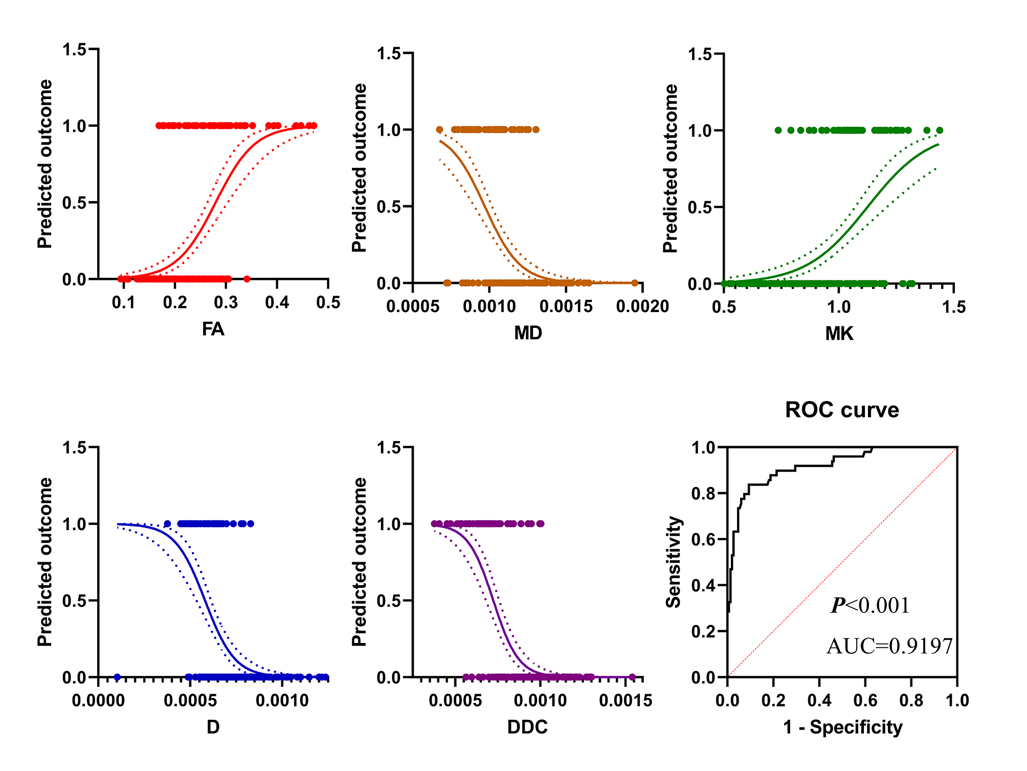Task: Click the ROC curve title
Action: point(842,410)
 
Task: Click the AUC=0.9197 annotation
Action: point(889,646)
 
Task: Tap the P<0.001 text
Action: point(870,606)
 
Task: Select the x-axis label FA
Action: point(213,329)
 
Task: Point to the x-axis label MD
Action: point(528,333)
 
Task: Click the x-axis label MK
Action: point(839,334)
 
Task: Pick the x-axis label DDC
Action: point(527,727)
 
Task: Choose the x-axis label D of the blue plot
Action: point(213,727)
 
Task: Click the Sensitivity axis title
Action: point(674,562)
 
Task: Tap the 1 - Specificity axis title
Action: point(842,727)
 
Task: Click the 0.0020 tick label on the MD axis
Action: point(642,306)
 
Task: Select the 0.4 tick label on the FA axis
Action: point(277,303)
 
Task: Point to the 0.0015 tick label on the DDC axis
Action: point(626,700)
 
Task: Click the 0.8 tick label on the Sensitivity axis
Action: point(703,494)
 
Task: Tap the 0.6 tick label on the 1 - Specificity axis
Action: point(865,700)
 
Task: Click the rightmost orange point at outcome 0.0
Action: point(635,283)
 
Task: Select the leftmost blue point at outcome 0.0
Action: point(117,677)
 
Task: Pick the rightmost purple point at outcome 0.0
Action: point(632,677)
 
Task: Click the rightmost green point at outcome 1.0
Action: point(940,130)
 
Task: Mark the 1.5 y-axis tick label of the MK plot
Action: point(700,54)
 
